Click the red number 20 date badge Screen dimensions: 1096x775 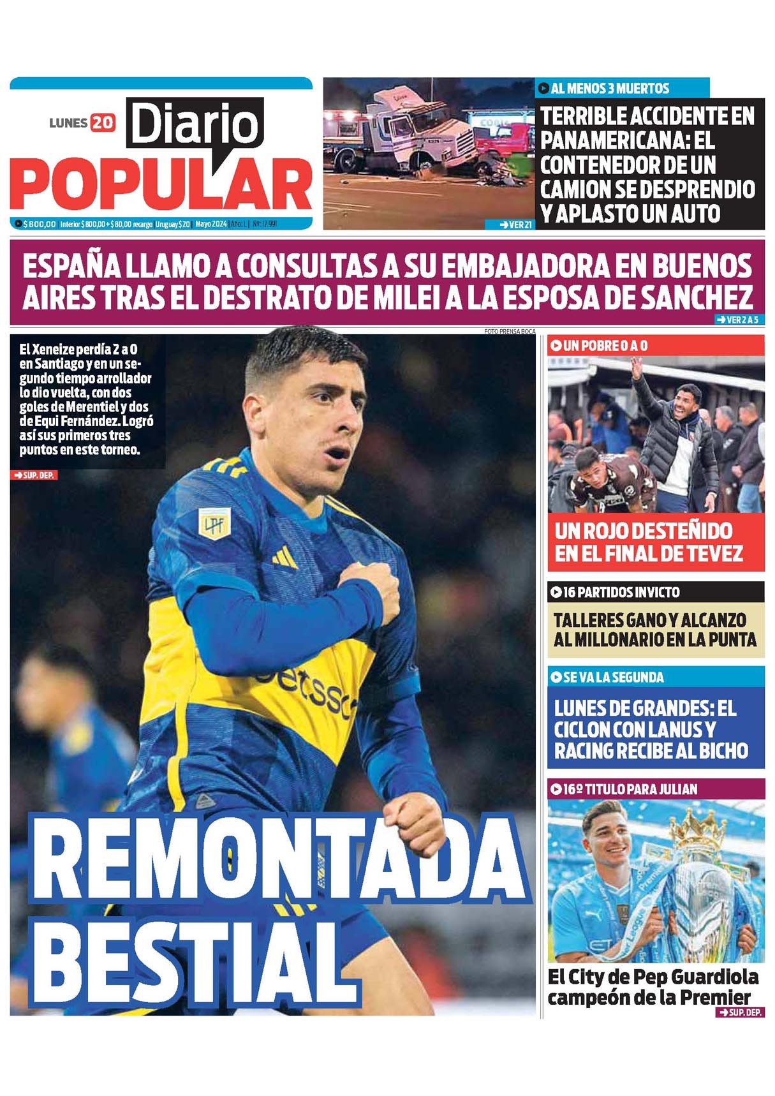[x=103, y=122]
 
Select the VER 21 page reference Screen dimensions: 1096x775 [x=516, y=225]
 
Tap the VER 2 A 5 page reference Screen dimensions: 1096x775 [x=737, y=320]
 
